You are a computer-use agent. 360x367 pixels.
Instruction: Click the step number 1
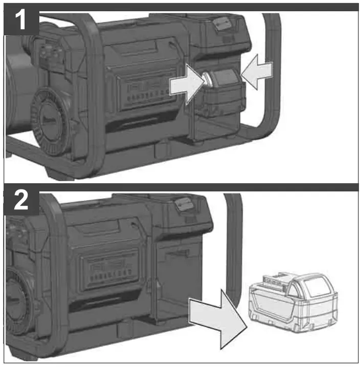(x=20, y=23)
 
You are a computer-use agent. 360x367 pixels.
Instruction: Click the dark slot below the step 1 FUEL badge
(x=138, y=122)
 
